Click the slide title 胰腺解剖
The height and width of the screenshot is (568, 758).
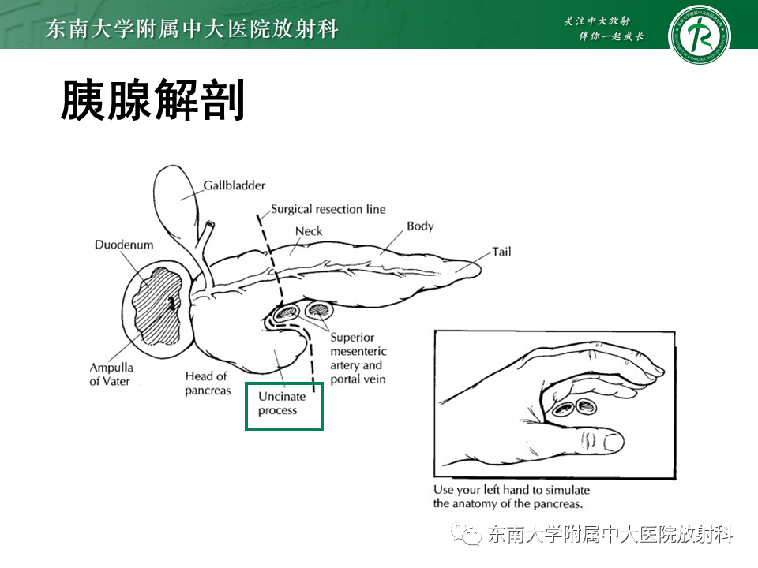point(152,100)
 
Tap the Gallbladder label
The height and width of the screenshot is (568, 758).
point(234,185)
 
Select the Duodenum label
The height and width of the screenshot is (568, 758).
point(124,245)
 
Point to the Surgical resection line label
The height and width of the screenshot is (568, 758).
point(328,209)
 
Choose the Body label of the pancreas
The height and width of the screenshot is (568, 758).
point(420,226)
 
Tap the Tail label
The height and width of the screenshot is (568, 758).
point(501,252)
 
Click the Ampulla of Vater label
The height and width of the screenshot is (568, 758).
point(111,374)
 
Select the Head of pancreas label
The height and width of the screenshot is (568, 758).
point(208,383)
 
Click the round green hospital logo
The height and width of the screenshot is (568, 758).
point(699,35)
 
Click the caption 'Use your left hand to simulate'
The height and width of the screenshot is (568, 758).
point(511,489)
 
